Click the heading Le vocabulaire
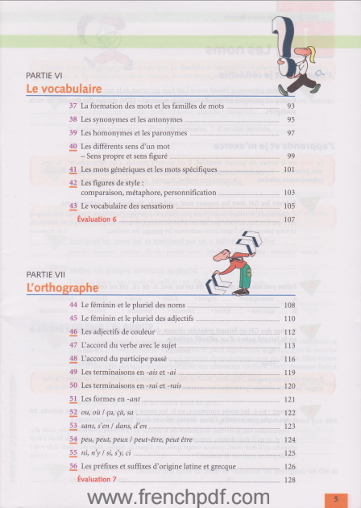coord(64,88)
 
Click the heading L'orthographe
coord(62,287)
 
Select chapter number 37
coord(73,106)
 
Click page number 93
coord(291,106)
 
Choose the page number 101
coord(290,170)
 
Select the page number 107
coord(290,219)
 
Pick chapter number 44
coord(73,305)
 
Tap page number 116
coord(290,360)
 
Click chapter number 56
coord(73,466)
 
